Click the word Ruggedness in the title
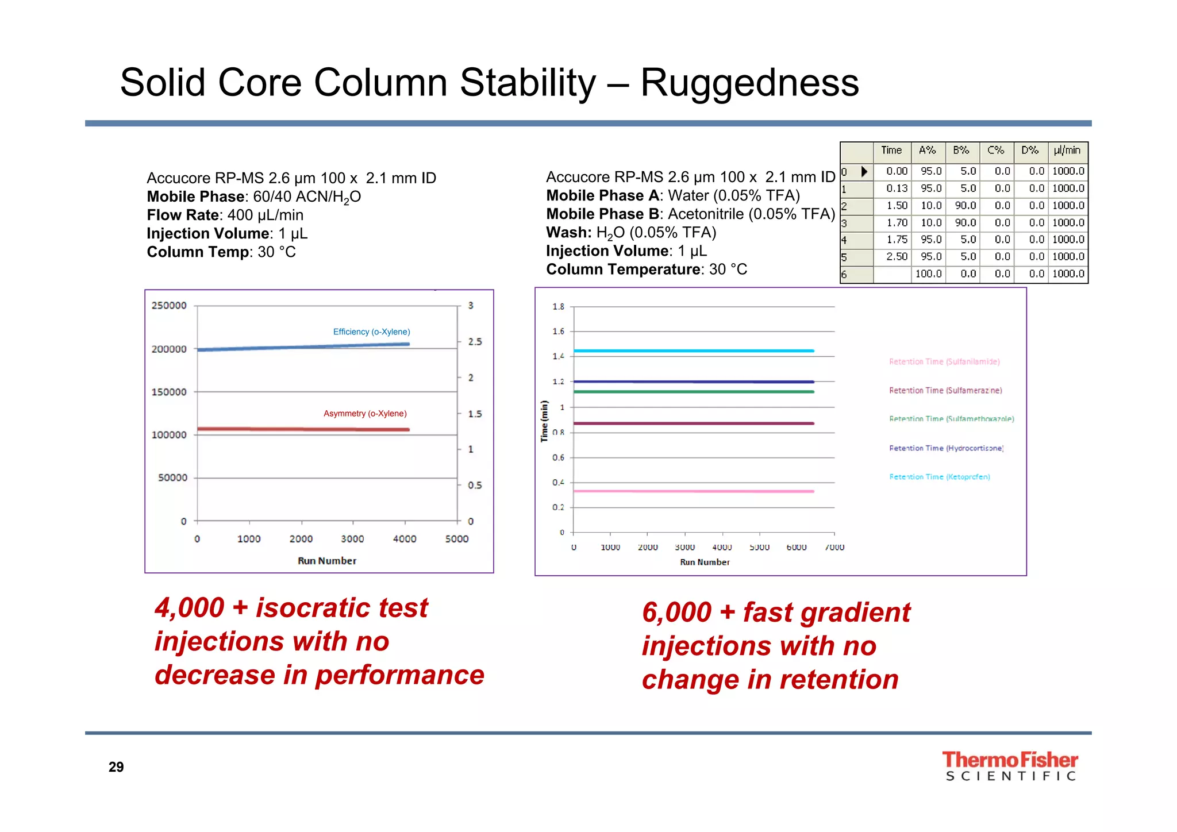pyautogui.click(x=749, y=83)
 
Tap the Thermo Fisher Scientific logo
pyautogui.click(x=1010, y=766)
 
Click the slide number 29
pyautogui.click(x=116, y=767)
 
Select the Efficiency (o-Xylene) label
pyautogui.click(x=371, y=332)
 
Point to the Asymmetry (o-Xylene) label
pyautogui.click(x=365, y=414)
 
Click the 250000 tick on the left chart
pyautogui.click(x=169, y=306)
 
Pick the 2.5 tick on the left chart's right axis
pyautogui.click(x=475, y=342)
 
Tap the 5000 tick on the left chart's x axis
pyautogui.click(x=457, y=539)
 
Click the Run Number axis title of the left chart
pyautogui.click(x=326, y=561)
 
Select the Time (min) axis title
pyautogui.click(x=544, y=421)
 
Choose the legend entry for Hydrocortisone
pyautogui.click(x=946, y=448)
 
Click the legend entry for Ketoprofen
pyautogui.click(x=939, y=477)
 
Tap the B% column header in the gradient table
pyautogui.click(x=961, y=151)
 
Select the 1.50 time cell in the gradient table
pyautogui.click(x=897, y=206)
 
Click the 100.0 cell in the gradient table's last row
pyautogui.click(x=928, y=274)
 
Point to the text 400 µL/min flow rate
pyautogui.click(x=265, y=215)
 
